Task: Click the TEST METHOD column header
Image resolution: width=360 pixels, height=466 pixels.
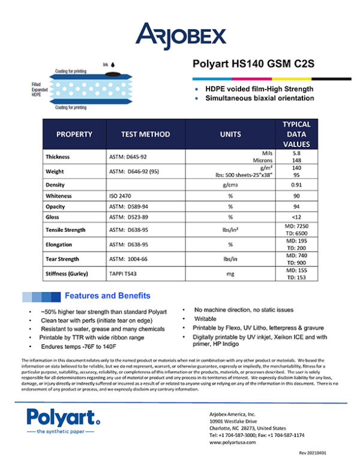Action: tap(145, 135)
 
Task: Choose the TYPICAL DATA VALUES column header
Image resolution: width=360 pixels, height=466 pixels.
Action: tap(296, 134)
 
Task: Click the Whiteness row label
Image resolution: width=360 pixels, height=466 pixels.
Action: tap(59, 195)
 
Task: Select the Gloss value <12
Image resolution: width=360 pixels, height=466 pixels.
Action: tap(296, 217)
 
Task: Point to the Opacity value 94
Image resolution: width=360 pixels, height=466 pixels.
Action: tap(296, 206)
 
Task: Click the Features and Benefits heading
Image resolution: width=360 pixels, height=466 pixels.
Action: tap(107, 296)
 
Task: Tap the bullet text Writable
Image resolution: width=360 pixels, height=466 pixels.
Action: tap(205, 318)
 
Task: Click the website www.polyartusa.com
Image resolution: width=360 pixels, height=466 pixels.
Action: tap(233, 442)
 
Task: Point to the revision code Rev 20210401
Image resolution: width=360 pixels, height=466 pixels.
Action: tap(316, 458)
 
